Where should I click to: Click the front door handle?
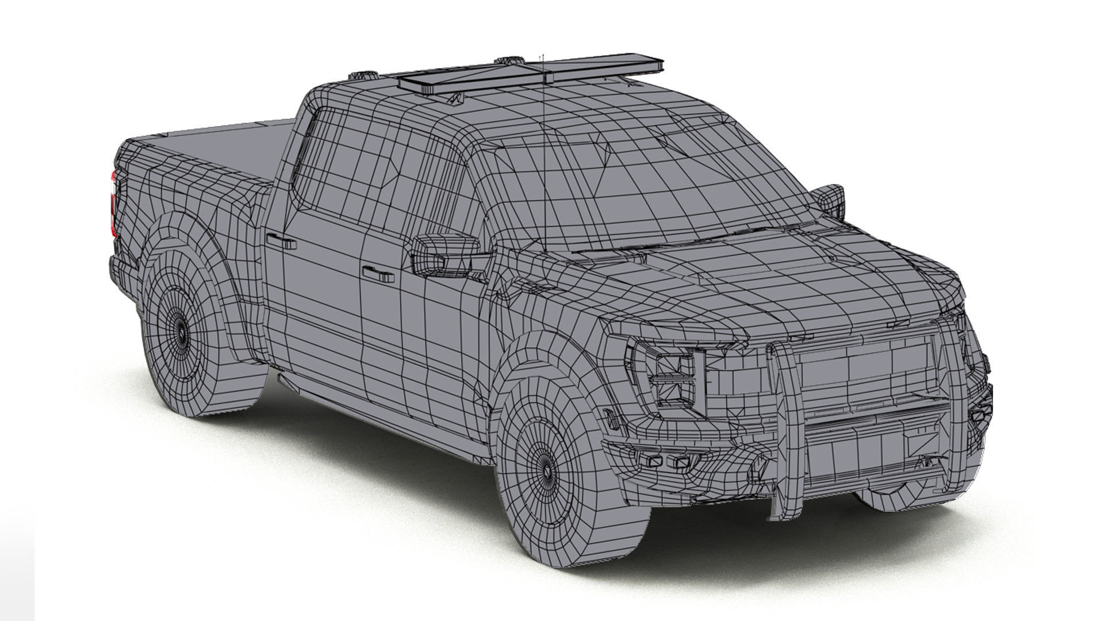coord(378,274)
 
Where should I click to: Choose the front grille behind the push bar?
coord(862,368)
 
